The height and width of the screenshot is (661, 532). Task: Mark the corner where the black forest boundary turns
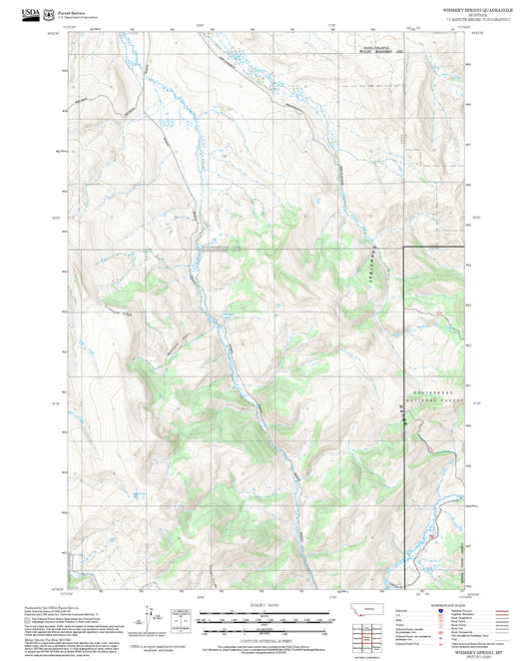pos(404,246)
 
